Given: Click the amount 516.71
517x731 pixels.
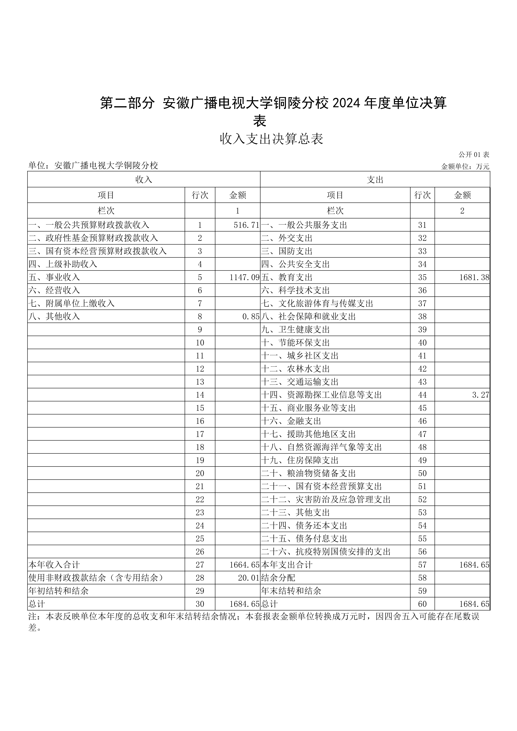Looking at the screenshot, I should click(246, 225).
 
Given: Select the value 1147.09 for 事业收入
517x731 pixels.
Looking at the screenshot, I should click(244, 277).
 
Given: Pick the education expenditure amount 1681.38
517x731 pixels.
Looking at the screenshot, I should click(474, 277).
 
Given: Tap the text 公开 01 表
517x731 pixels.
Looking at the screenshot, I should click(473, 155).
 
